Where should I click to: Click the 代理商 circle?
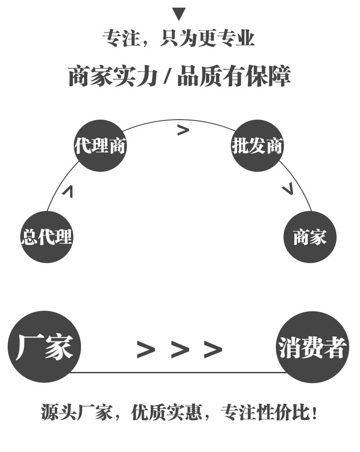(x=100, y=146)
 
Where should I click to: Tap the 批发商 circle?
(x=257, y=146)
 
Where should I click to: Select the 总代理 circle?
(x=47, y=237)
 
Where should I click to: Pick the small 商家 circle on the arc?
(x=310, y=237)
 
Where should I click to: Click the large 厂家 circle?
(x=44, y=347)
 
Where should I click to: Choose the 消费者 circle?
(x=312, y=347)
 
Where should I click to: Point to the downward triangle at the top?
(x=179, y=14)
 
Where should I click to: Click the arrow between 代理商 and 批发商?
(x=183, y=130)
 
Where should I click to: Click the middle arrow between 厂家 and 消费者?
(x=180, y=349)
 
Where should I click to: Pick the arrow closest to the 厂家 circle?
(x=146, y=349)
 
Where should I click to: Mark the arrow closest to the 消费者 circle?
(x=213, y=349)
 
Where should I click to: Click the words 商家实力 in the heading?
(x=113, y=76)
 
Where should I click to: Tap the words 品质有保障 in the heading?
(x=234, y=76)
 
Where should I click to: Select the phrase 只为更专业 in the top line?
(x=207, y=39)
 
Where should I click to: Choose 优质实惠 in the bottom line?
(x=167, y=412)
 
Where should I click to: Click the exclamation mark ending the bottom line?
(x=314, y=412)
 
